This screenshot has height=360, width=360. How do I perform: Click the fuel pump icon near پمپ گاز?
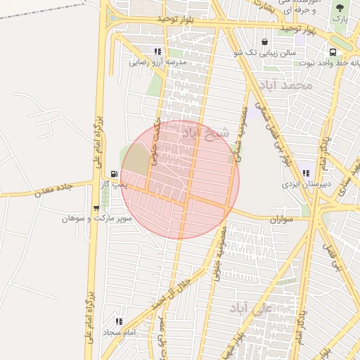[114, 173]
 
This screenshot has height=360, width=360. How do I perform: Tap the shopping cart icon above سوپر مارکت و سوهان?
[96, 208]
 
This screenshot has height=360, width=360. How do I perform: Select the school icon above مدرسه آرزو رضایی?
[157, 51]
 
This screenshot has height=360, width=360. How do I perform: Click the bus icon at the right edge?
[332, 52]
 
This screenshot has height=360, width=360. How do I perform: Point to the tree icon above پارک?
[340, 8]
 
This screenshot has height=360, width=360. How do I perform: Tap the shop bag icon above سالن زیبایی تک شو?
[264, 42]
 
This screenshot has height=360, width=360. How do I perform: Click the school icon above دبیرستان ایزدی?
[305, 173]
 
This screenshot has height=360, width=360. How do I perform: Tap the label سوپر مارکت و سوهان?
[87, 219]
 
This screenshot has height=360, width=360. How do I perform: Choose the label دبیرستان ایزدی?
[306, 184]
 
